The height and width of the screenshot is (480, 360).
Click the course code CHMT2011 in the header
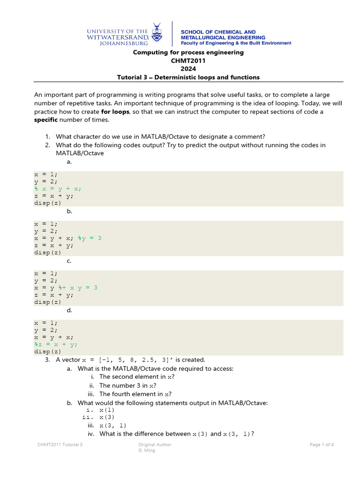(188, 60)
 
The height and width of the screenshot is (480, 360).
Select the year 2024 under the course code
(188, 69)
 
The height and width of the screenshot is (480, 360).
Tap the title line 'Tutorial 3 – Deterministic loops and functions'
(188, 77)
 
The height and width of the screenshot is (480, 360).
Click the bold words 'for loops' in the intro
(115, 112)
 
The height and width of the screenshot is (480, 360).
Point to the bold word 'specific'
(45, 120)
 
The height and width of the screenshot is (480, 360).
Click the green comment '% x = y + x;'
(58, 188)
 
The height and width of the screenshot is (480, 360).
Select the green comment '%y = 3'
(90, 238)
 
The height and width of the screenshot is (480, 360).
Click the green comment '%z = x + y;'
(56, 344)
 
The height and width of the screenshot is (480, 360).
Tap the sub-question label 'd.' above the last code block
(69, 310)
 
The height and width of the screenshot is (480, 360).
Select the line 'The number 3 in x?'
(124, 385)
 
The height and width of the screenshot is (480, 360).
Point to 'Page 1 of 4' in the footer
(322, 444)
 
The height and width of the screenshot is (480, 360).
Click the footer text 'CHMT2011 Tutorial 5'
(60, 444)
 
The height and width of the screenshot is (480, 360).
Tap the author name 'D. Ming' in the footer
(147, 450)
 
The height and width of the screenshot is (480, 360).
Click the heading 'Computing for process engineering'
(188, 52)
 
